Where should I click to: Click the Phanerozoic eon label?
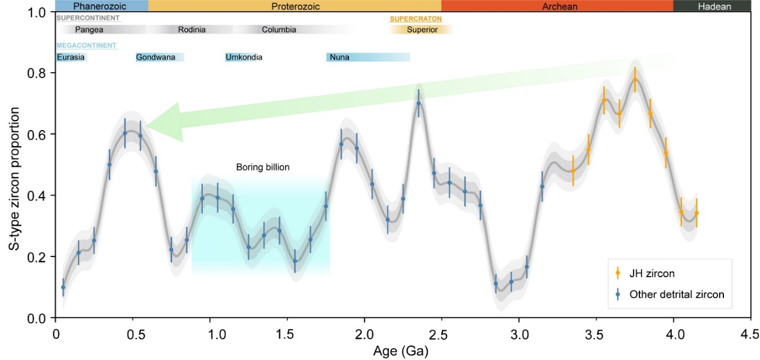(101, 7)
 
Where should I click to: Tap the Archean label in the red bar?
(560, 7)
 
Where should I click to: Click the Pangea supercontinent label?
(89, 30)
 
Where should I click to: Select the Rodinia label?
(192, 30)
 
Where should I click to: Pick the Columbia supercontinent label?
(279, 30)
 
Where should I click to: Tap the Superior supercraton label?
(422, 30)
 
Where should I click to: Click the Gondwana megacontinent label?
(156, 57)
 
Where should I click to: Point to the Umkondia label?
(244, 57)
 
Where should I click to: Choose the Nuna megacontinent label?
(339, 57)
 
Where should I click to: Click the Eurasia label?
(70, 57)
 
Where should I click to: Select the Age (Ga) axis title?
(400, 351)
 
